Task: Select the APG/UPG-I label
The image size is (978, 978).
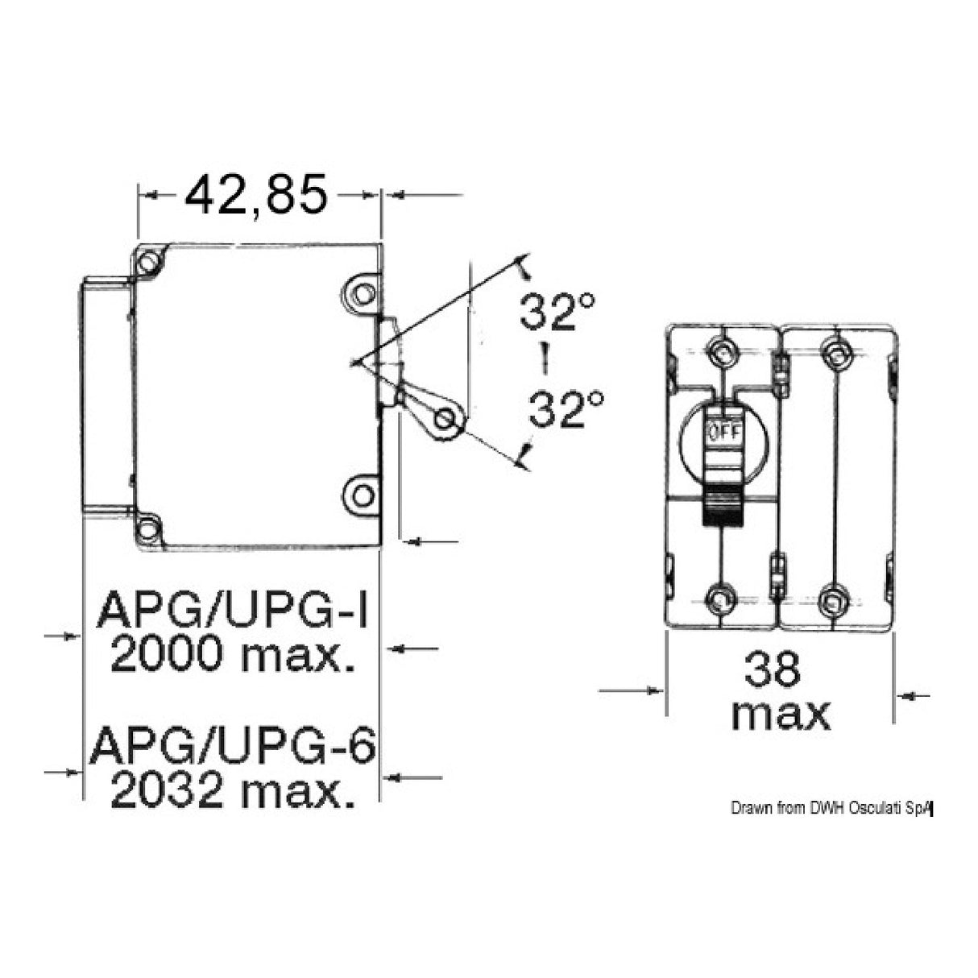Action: click(232, 611)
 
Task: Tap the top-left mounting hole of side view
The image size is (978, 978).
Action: click(147, 263)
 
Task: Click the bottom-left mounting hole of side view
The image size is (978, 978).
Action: click(147, 529)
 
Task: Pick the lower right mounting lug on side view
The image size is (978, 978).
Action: click(362, 493)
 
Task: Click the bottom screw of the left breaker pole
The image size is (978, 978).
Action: click(719, 598)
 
